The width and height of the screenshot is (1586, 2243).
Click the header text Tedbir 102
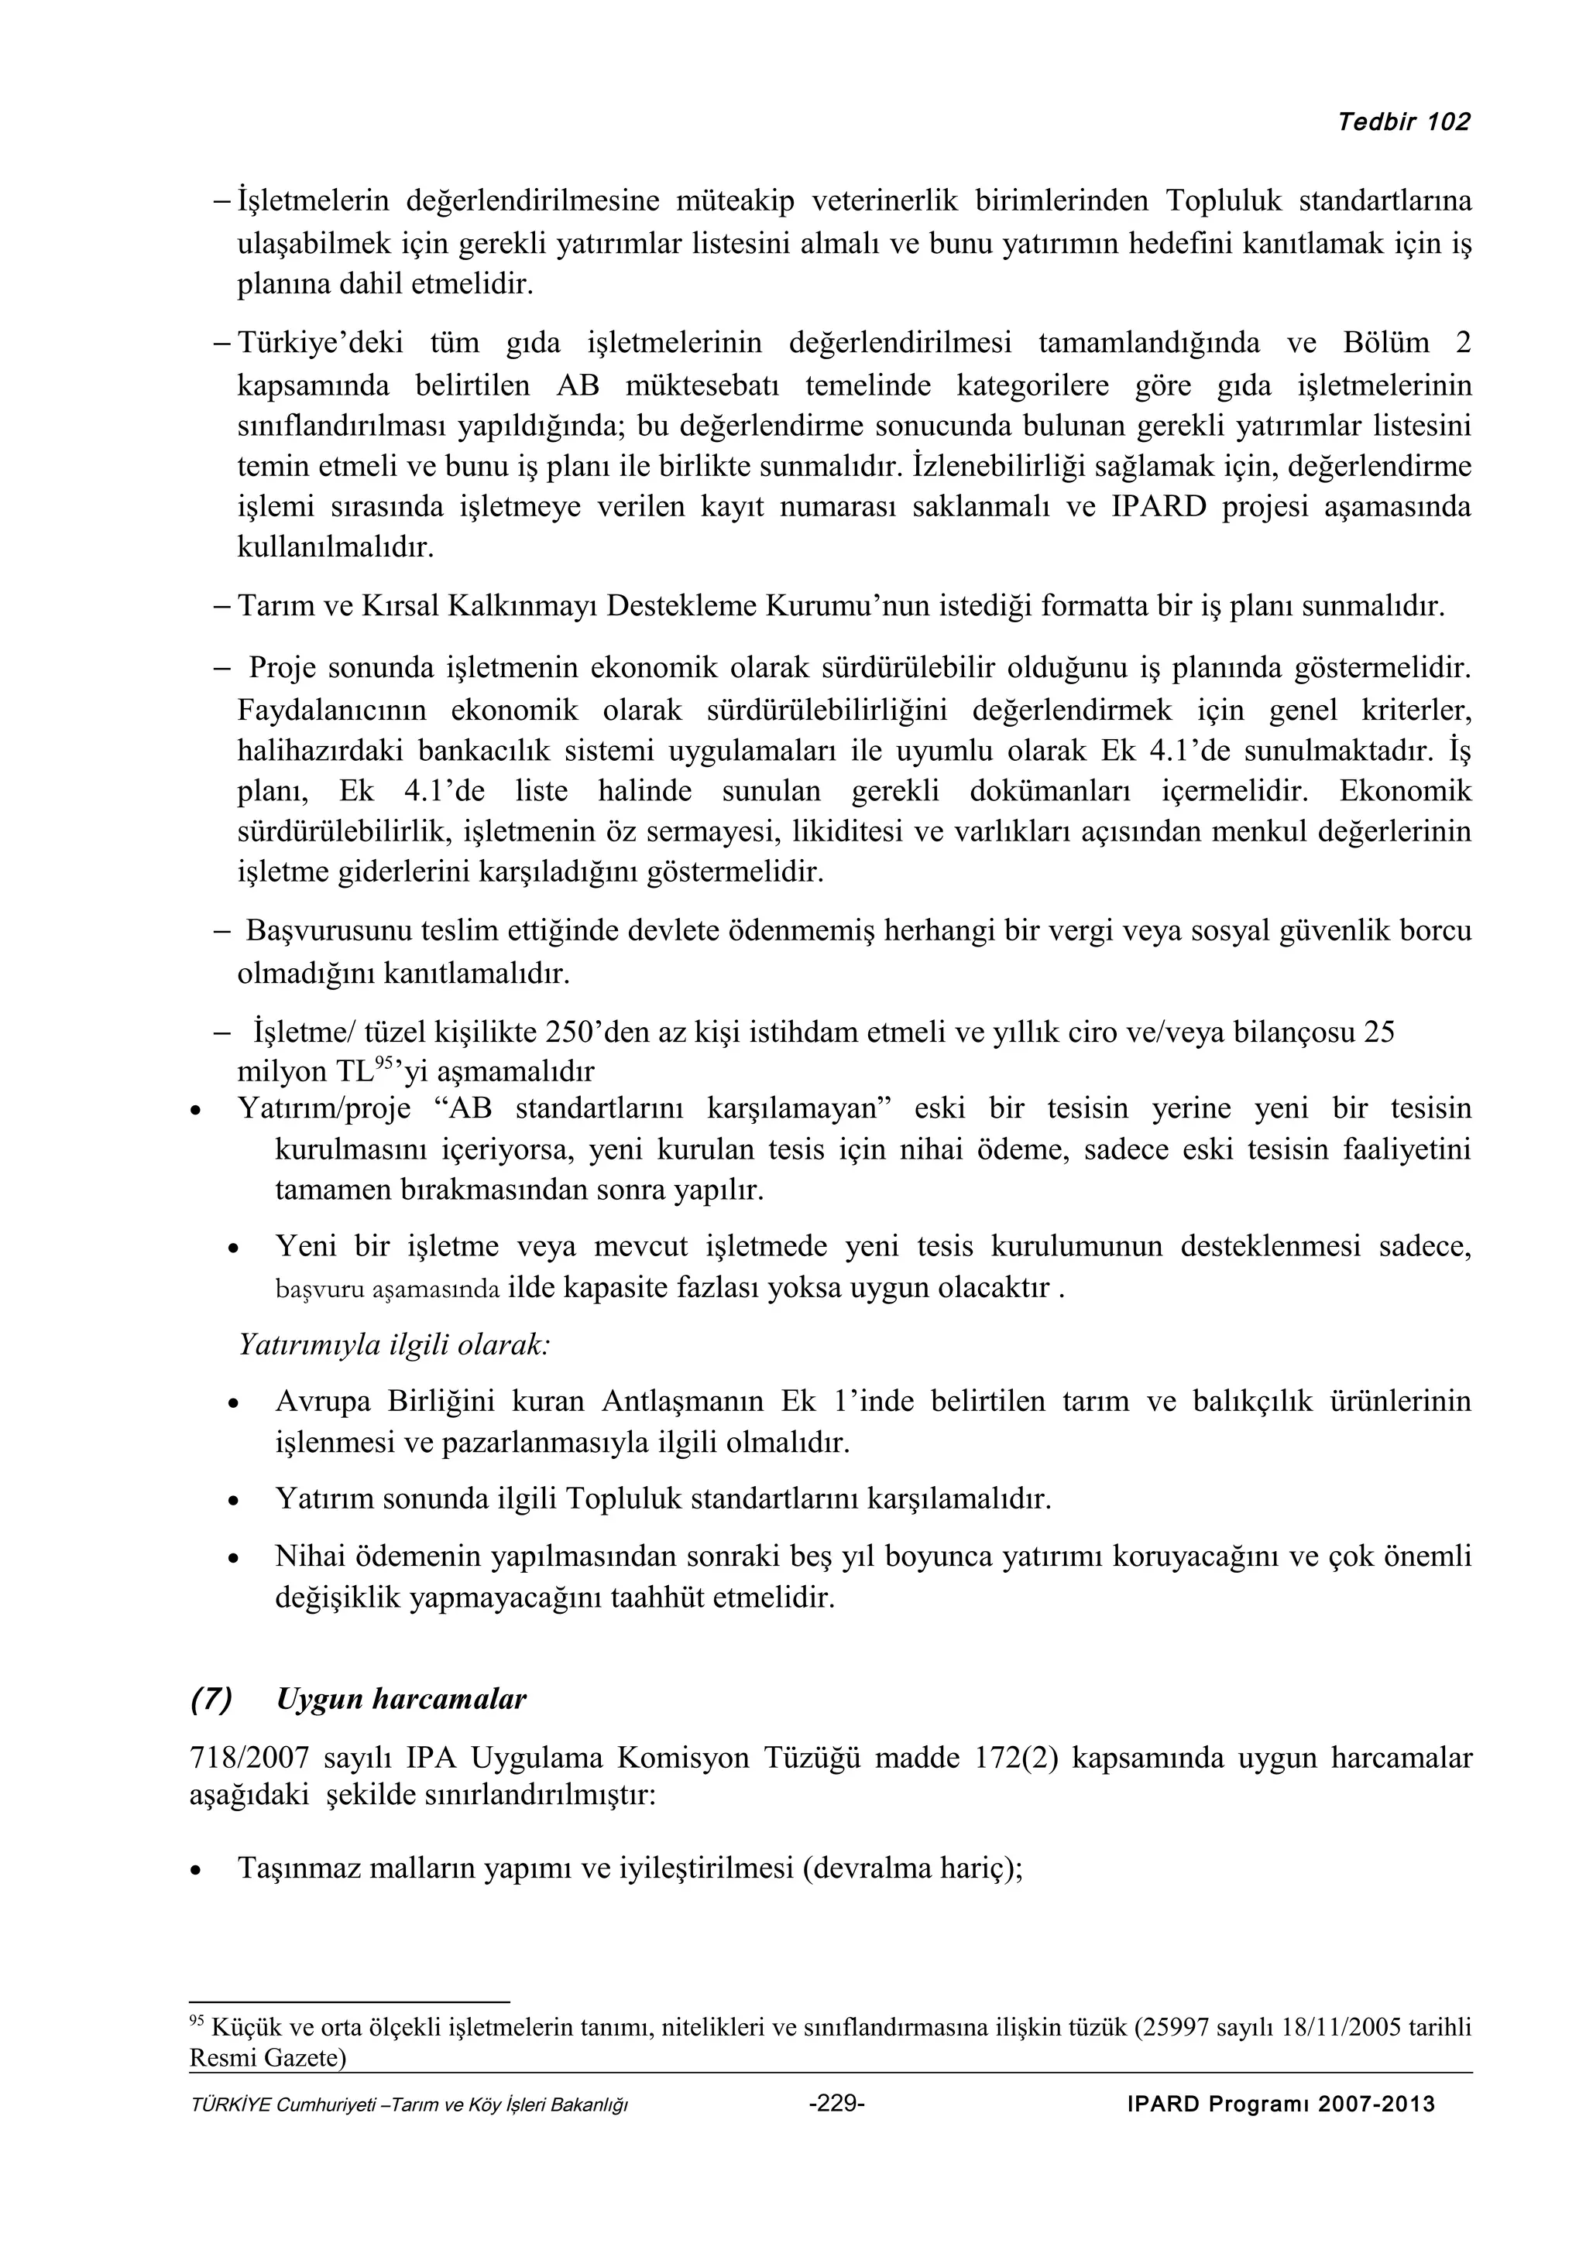1404,122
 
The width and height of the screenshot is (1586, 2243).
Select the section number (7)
211,1699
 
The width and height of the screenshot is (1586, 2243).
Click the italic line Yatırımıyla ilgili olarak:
394,1344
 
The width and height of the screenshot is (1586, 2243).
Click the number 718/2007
249,1758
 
